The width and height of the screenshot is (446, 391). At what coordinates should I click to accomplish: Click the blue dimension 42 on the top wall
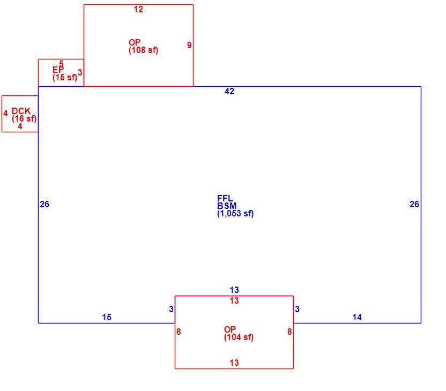coord(229,91)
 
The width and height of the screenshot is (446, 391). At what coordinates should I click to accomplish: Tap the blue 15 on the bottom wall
coord(107,318)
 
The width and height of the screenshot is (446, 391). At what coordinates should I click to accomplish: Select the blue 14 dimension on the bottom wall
coord(357,318)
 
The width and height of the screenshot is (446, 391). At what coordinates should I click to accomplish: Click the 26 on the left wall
coord(44,204)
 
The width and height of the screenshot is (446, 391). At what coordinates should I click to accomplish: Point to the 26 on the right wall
coord(414,204)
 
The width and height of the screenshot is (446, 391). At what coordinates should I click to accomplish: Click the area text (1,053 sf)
coord(235,213)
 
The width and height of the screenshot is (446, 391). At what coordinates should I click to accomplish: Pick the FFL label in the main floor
coord(225,198)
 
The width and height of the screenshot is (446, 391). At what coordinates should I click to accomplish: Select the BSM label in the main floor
coord(227,206)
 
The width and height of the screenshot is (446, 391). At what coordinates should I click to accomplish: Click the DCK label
coord(21,111)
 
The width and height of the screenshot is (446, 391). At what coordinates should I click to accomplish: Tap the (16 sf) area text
coord(24,119)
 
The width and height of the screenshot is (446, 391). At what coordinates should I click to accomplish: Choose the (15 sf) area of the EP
coord(65,77)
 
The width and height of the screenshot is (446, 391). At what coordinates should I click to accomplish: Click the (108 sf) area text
coord(143,50)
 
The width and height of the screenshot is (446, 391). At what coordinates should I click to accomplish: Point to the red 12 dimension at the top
coord(138,10)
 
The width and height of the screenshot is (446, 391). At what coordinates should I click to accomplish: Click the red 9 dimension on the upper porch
coord(189,45)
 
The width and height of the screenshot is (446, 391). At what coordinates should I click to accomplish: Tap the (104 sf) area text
coord(239,337)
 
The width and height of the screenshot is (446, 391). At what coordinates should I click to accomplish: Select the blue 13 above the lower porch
coord(234,290)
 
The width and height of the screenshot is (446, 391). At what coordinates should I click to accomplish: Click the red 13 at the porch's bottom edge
coord(234,363)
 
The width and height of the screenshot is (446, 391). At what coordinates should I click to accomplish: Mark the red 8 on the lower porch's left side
coord(179,332)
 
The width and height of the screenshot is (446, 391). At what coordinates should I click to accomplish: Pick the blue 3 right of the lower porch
coord(297,309)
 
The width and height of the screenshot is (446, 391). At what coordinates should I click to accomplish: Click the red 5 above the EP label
coord(62,64)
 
